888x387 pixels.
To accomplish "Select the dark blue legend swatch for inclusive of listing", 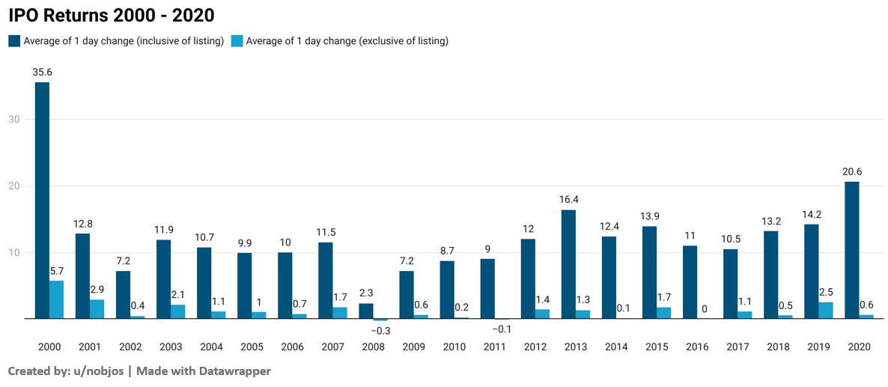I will click(13, 41).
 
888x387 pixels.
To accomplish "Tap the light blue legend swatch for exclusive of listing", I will click(237, 41).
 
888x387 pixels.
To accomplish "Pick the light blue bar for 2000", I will click(56, 299).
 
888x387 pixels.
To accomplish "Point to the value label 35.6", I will click(42, 73).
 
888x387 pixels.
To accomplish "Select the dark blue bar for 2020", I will click(851, 250).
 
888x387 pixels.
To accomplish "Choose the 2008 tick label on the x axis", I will click(373, 347).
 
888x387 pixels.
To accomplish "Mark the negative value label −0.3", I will click(380, 330).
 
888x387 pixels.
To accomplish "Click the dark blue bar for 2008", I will click(365, 311).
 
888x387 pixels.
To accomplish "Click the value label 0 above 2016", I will click(704, 308).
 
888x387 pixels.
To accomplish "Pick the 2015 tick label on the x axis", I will click(656, 347).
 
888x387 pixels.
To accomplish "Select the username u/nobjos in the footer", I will click(94, 371).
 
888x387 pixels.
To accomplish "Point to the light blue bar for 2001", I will click(97, 309).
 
